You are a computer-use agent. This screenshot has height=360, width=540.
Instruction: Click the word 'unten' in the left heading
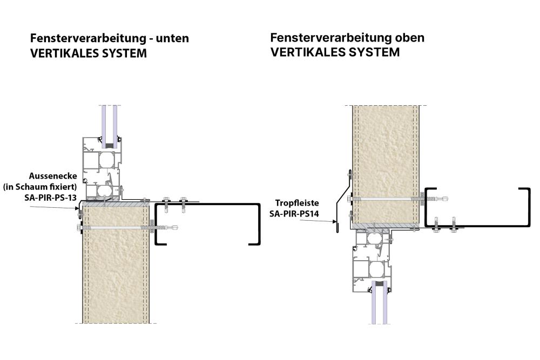click(x=170, y=39)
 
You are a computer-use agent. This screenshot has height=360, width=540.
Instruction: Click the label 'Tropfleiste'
click(x=297, y=203)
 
